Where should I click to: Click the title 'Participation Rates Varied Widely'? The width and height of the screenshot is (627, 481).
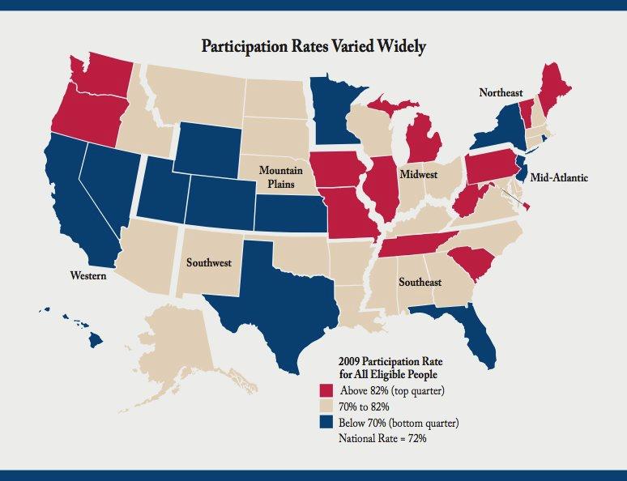tap(313, 45)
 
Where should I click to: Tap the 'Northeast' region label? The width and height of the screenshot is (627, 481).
tap(501, 93)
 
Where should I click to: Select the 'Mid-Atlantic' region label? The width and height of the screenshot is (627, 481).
tap(560, 177)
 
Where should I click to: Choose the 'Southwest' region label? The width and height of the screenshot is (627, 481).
tap(209, 262)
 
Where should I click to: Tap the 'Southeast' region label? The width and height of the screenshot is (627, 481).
tap(420, 282)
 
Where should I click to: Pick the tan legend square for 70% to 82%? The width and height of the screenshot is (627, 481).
tap(326, 407)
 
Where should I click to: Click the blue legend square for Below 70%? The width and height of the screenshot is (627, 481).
tap(326, 423)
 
